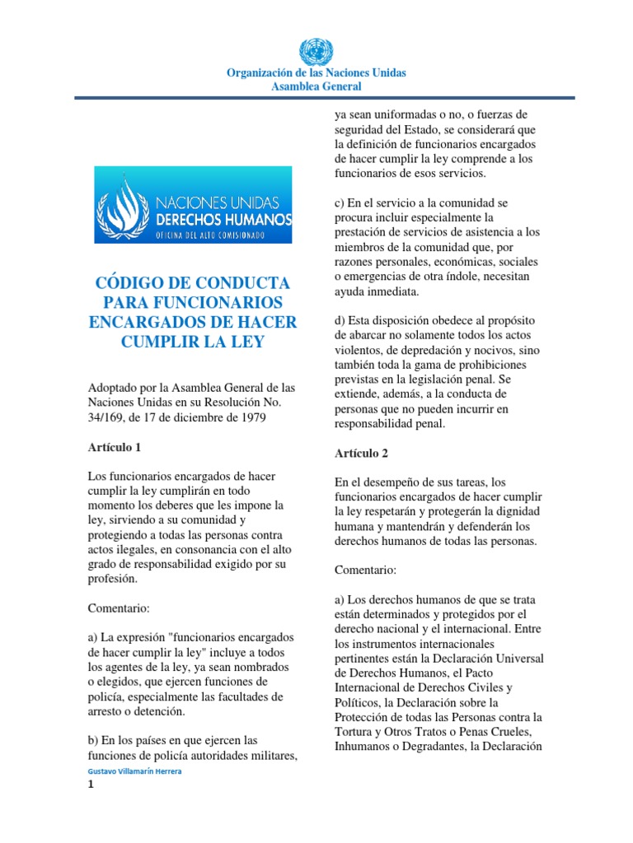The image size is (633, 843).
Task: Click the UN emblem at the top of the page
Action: point(316,51)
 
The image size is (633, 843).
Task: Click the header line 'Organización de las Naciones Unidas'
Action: point(316,73)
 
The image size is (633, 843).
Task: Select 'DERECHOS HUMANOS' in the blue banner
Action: point(216,220)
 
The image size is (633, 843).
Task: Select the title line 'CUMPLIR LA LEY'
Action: point(193,341)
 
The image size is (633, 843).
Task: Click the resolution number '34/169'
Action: point(103,418)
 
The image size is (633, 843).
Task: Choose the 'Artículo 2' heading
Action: point(362,453)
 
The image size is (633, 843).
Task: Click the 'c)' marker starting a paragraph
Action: point(340,202)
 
